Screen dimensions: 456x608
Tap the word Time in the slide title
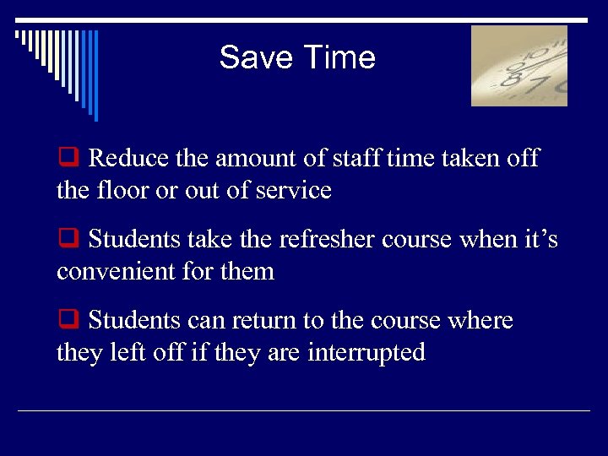tap(337, 57)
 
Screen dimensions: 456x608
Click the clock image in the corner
tap(518, 66)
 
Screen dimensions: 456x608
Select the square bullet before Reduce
tap(67, 158)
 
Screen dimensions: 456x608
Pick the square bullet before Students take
tap(67, 240)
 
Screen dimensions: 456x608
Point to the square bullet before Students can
tap(67, 321)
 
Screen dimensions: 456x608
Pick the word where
tap(480, 321)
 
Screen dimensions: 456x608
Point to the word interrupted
tap(366, 353)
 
